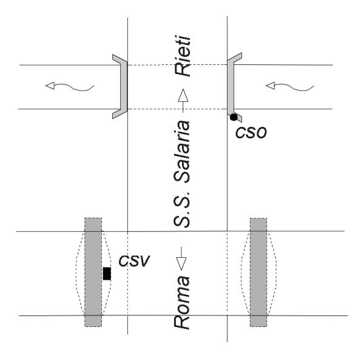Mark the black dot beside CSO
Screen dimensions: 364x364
click(232, 116)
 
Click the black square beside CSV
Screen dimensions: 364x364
click(107, 274)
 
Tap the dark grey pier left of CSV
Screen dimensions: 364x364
click(93, 272)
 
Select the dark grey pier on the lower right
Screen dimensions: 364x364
click(258, 272)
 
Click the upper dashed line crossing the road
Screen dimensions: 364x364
click(176, 65)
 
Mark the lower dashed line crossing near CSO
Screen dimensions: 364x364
click(176, 109)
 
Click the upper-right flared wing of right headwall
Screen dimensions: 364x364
click(237, 58)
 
